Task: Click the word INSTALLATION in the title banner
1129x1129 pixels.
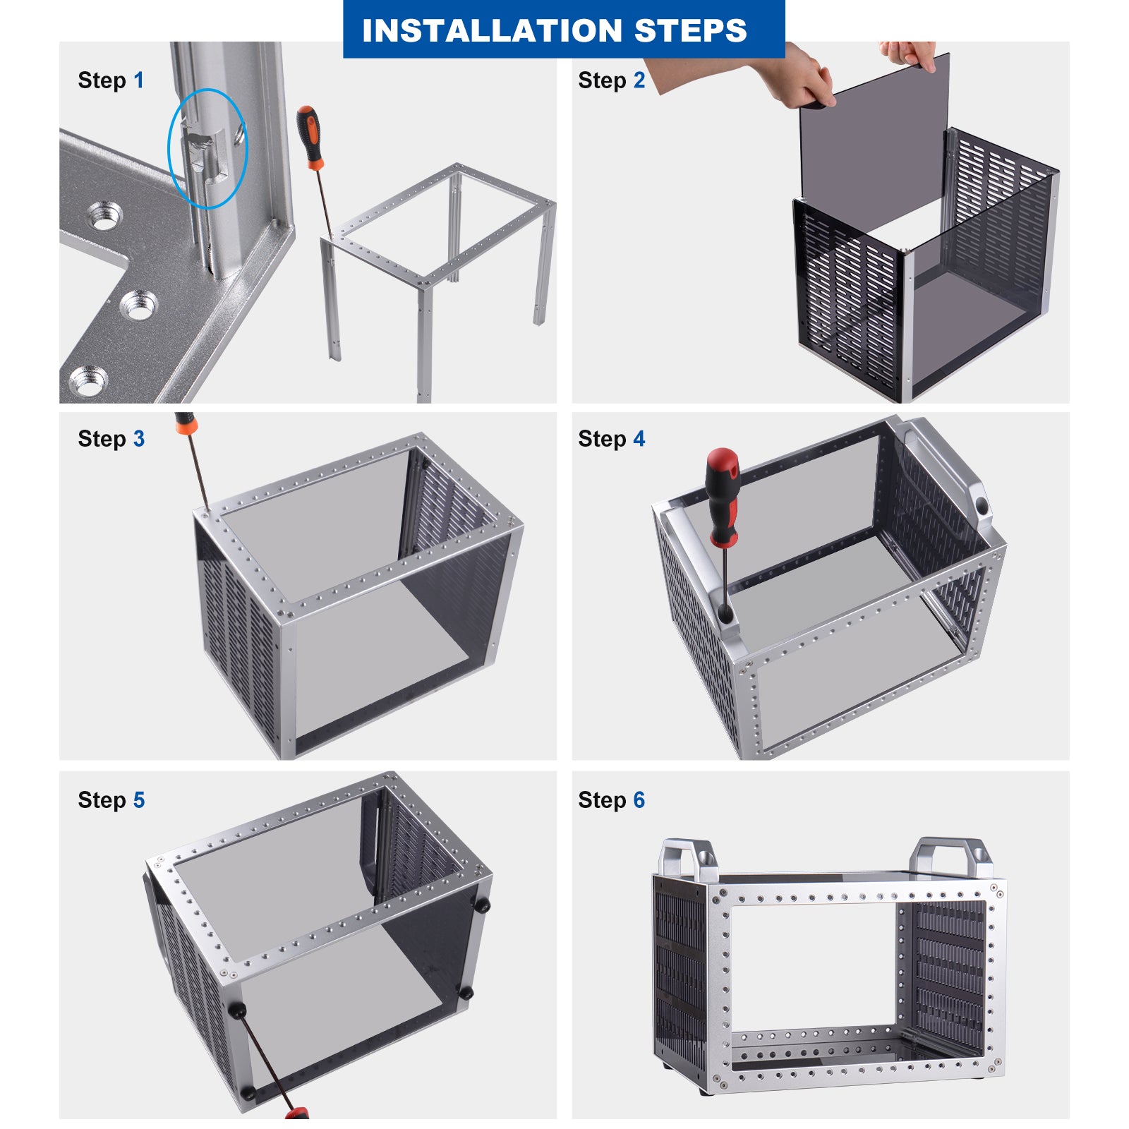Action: coord(492,30)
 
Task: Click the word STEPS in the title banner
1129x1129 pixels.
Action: coord(690,30)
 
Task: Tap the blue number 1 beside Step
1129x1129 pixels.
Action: coord(139,80)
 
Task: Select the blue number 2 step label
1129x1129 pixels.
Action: coord(639,80)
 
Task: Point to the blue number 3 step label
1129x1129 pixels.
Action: coord(139,439)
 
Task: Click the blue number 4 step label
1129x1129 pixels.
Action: coord(639,439)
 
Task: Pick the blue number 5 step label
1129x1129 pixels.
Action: coord(139,800)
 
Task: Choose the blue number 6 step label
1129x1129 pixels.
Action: coord(639,800)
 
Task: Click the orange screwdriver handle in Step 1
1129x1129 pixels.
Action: coord(310,137)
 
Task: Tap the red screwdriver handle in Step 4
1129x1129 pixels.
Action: coord(723,497)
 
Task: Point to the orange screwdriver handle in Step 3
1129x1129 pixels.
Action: coord(186,423)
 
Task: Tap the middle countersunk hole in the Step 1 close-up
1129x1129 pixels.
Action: coord(139,306)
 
